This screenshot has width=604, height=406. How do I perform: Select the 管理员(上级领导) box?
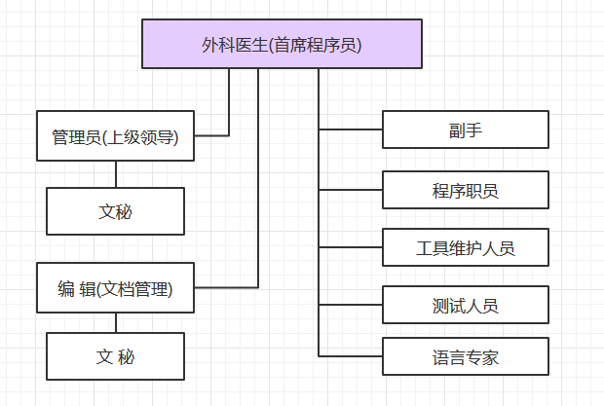coord(115,136)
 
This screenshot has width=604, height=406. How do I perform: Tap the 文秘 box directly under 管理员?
coord(115,211)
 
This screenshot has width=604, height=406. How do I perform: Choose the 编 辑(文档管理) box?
coord(115,287)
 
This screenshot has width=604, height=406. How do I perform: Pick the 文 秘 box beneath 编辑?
coord(115,356)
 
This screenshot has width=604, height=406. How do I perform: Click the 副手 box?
coord(465,129)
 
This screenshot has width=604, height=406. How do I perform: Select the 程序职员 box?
coord(465,190)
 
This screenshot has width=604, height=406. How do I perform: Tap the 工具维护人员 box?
coord(465,248)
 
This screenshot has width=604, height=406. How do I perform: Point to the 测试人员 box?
coord(465,306)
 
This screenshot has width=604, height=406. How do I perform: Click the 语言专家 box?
coord(465,357)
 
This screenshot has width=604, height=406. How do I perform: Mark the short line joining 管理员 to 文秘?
coord(116,173)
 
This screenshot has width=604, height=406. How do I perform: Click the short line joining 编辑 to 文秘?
coord(116,322)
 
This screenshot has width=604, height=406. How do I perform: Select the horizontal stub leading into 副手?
coord(351,129)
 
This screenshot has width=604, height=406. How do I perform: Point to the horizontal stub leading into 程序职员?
coord(351,190)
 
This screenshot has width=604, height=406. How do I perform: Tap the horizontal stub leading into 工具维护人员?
coord(351,248)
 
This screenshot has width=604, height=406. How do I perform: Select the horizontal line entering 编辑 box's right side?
coord(226,287)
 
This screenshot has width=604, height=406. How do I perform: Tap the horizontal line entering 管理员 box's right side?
coord(211,135)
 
